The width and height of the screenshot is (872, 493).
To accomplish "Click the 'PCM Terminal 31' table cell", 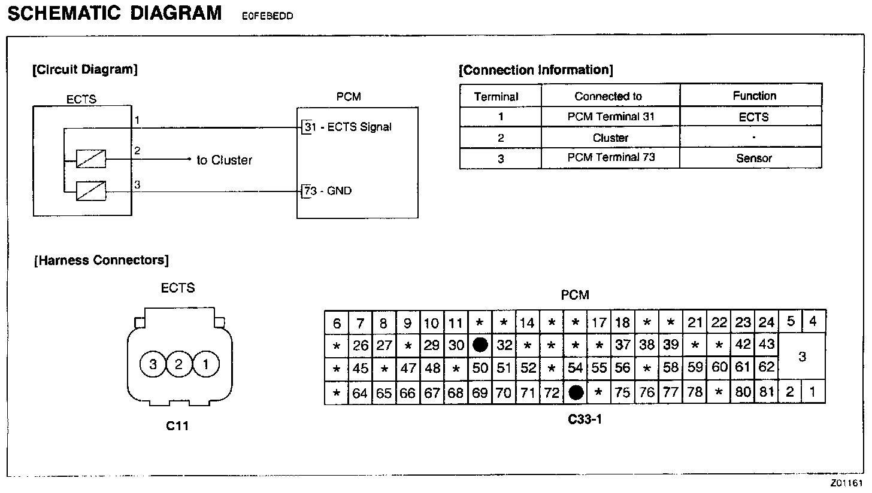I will pos(610,117).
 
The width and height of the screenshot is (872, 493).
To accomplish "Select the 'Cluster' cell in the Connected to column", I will pos(610,138).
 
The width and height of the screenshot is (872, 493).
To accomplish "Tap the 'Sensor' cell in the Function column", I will pos(753,158).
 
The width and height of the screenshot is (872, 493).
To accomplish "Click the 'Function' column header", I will pos(753,96).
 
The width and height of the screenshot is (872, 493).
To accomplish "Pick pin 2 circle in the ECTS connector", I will pos(178,364).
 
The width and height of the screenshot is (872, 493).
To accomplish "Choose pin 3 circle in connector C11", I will pos(153,364).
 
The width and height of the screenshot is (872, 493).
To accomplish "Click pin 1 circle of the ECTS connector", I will pos(205,364).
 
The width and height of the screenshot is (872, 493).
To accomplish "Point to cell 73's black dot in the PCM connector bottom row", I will pos(576,392).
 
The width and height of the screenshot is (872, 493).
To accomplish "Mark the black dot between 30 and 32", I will pos(480,345).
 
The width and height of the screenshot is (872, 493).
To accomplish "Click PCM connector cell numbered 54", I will pos(576,368).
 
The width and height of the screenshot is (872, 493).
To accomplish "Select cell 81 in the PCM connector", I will pos(767,392).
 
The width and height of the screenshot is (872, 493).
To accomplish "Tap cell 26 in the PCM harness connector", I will pos(360,345).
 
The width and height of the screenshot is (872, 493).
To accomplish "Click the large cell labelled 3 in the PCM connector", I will pos(802,357).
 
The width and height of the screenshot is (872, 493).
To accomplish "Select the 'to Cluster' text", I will pos(225,160).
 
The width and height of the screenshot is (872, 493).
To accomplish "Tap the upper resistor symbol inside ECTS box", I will pos(91,159).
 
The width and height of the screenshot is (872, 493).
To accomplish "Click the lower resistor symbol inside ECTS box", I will pos(91,191).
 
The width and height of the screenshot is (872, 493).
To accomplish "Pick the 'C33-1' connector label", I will pos(585,419).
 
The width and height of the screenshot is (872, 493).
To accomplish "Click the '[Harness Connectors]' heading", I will pos(102,260).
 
